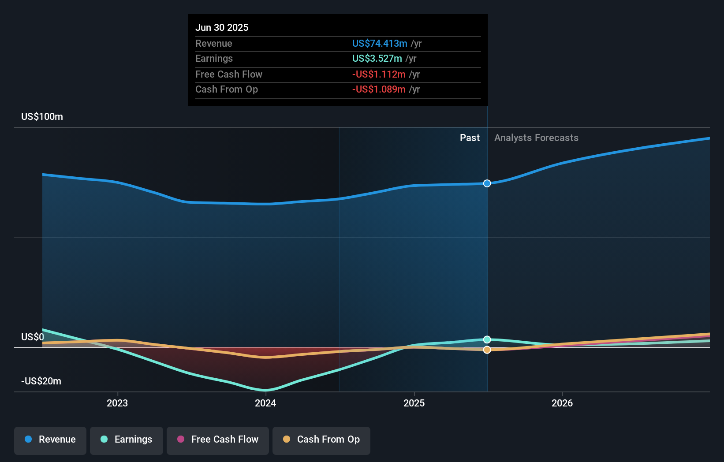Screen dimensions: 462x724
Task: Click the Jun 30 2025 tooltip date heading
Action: (x=222, y=27)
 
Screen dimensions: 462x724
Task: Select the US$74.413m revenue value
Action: (x=379, y=43)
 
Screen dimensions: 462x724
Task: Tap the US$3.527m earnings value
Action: (x=377, y=58)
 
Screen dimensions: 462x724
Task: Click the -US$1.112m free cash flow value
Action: (x=378, y=74)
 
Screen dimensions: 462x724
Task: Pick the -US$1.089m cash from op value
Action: (x=378, y=89)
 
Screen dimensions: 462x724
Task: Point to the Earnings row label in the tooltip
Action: (x=214, y=58)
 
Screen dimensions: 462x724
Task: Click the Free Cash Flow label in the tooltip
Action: (x=228, y=74)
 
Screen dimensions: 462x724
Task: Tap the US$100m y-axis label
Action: (x=42, y=116)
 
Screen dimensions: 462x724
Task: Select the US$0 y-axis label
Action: (x=33, y=337)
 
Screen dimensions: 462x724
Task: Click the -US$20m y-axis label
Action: (x=41, y=381)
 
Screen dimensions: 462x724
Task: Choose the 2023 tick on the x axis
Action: (x=117, y=403)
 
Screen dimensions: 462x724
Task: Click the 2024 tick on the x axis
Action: (x=265, y=403)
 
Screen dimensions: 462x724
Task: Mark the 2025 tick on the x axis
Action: (x=414, y=403)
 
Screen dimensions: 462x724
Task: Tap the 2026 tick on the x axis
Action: (x=562, y=403)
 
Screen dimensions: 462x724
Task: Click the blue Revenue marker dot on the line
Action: (x=487, y=183)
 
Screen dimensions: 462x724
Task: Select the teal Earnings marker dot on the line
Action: (x=487, y=339)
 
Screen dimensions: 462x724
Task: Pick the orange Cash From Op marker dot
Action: (x=487, y=350)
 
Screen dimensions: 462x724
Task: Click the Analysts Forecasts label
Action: (x=536, y=138)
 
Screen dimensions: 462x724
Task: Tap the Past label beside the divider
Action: (x=470, y=138)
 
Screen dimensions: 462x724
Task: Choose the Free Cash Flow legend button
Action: (x=217, y=439)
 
